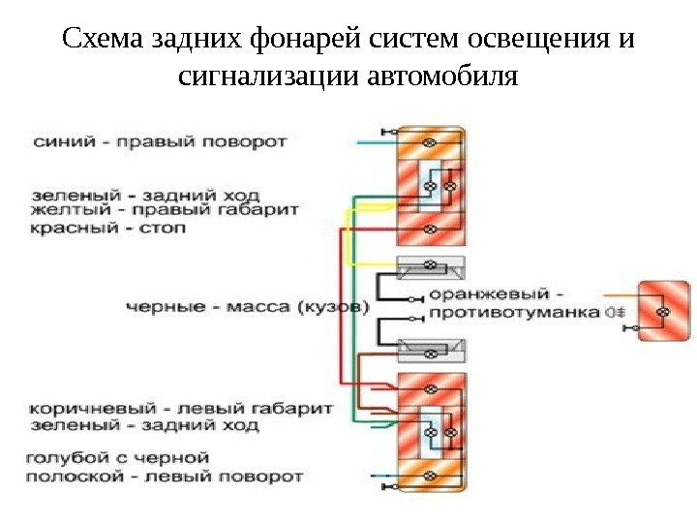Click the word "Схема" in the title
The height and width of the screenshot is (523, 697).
coord(104,41)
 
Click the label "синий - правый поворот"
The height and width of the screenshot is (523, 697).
coord(160,141)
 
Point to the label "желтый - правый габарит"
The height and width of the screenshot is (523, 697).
coord(165,209)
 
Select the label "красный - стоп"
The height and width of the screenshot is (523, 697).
coord(107,229)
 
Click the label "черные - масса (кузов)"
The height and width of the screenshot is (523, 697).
coord(248,307)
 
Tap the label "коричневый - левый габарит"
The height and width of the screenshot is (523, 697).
coord(182,408)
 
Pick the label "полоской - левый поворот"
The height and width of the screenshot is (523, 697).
coord(166,477)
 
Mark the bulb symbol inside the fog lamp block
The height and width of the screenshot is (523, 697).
coord(664,313)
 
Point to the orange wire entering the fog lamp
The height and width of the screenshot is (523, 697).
coord(620,292)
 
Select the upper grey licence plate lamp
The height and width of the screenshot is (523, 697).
coord(432,265)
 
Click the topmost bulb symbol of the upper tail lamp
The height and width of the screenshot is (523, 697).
coord(432,142)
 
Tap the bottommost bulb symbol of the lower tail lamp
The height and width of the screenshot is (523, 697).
coord(432,475)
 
